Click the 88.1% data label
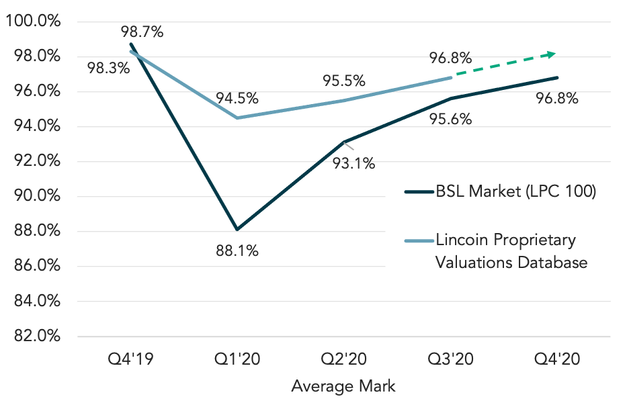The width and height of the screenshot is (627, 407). click(237, 252)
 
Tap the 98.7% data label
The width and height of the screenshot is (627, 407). click(142, 31)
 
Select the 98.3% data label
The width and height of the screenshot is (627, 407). click(108, 68)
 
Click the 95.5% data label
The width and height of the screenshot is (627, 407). click(343, 81)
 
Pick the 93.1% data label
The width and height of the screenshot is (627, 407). click(354, 163)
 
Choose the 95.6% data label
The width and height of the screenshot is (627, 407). click(450, 119)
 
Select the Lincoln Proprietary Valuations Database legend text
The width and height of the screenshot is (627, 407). click(511, 251)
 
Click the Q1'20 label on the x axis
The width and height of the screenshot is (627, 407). click(237, 359)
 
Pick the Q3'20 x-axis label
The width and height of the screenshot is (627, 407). click(450, 359)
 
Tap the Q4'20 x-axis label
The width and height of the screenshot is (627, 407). click(557, 359)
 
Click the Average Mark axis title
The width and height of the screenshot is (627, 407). click(343, 386)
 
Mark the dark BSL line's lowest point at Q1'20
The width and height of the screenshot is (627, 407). click(237, 229)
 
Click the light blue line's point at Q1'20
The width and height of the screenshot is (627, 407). click(237, 118)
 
